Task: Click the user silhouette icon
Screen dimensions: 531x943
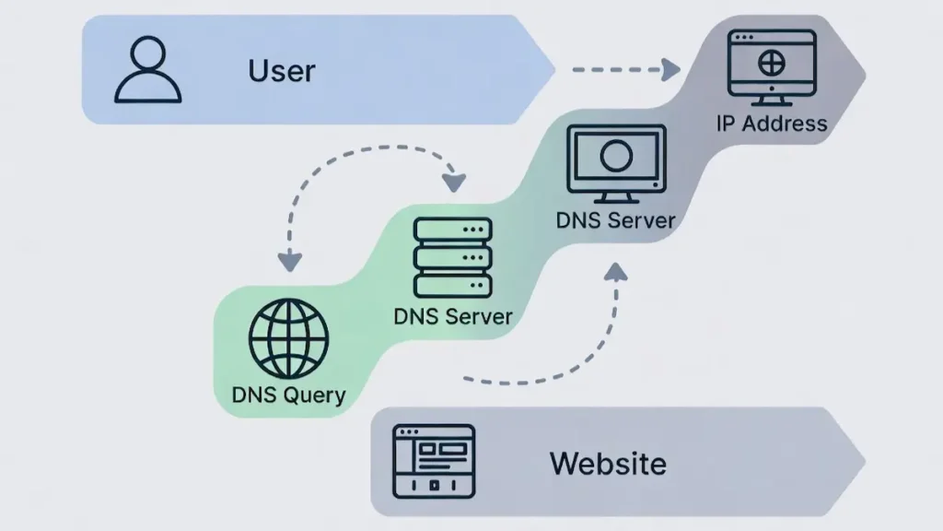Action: [147, 70]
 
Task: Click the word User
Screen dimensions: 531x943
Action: [281, 71]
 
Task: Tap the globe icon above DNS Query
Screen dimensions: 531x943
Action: [288, 339]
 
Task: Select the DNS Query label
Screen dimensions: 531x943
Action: [288, 396]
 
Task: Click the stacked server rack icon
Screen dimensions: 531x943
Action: [452, 257]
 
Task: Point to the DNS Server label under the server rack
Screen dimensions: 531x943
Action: [452, 316]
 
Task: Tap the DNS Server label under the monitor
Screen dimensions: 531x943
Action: [615, 220]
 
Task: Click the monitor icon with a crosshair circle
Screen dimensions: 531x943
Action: [771, 66]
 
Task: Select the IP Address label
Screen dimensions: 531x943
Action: [772, 123]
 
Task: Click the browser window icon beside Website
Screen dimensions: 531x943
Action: [433, 462]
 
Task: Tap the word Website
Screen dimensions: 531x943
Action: [608, 462]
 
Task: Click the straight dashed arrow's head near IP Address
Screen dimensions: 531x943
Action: [672, 69]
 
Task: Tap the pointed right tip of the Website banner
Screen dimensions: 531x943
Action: [860, 461]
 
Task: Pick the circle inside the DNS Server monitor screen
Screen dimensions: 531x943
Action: [615, 156]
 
